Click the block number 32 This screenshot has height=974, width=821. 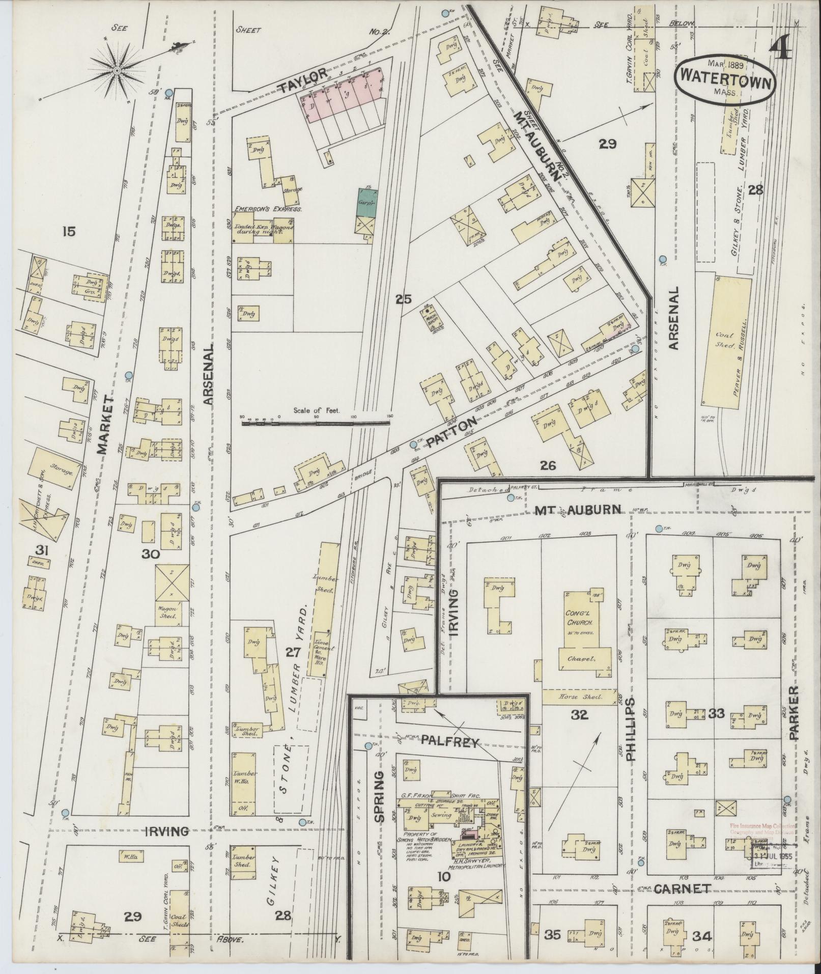[x=579, y=715]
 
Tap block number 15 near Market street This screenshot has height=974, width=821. [x=69, y=232]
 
